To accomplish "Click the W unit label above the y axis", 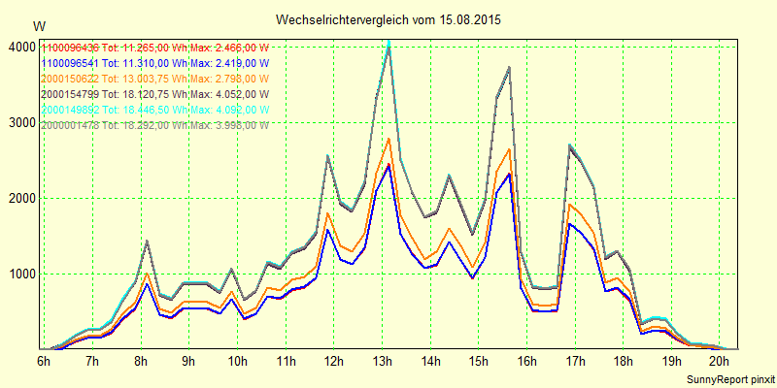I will [38, 25].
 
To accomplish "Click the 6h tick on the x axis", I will [44, 361].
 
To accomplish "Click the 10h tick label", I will [236, 361].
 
